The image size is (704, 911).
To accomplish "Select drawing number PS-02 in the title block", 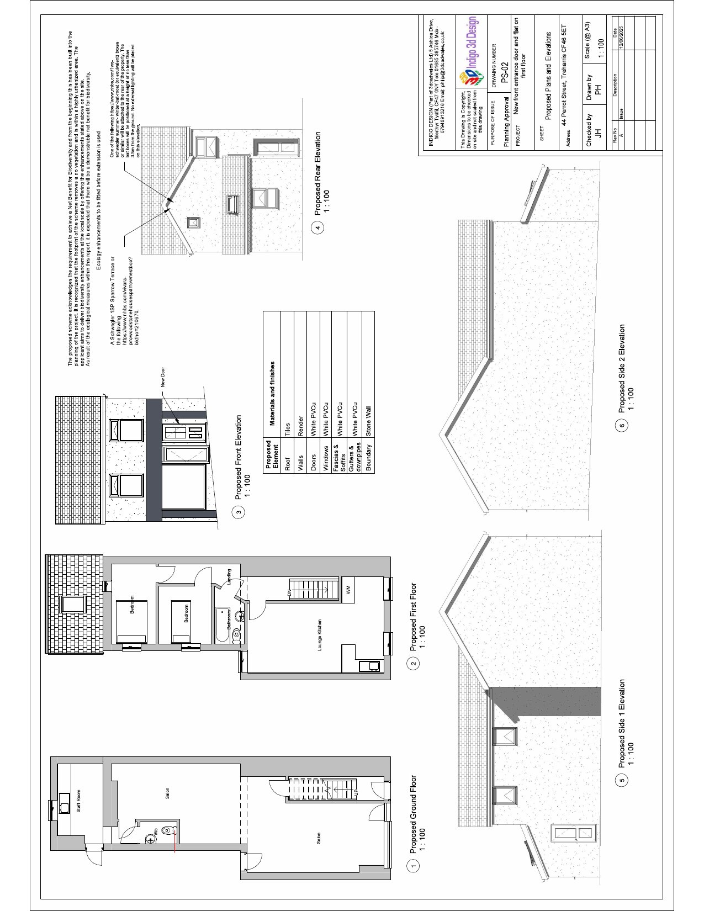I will [x=503, y=72].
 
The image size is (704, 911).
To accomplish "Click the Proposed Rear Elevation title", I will [x=317, y=173].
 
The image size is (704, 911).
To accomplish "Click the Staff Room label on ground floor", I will [x=78, y=801].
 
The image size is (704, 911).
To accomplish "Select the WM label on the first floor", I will [x=348, y=590].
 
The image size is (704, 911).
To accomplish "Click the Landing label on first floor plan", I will [x=229, y=578].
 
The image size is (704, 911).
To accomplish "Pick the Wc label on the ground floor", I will [x=156, y=830].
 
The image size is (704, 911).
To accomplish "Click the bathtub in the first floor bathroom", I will [x=223, y=624].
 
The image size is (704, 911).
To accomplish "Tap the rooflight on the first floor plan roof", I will [x=73, y=604].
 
